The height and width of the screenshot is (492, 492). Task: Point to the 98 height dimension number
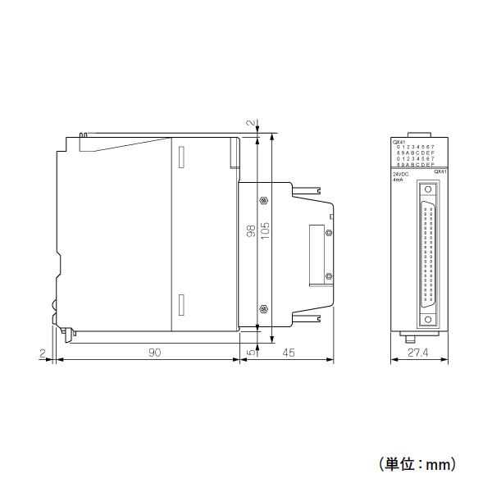(x=250, y=232)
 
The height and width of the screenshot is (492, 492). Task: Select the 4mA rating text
(x=399, y=180)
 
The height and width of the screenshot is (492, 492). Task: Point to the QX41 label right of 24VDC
(x=439, y=171)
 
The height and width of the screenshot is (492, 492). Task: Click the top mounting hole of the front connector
(x=427, y=190)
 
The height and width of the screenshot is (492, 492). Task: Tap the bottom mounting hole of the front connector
(x=427, y=314)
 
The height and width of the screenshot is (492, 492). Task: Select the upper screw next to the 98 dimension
(x=262, y=200)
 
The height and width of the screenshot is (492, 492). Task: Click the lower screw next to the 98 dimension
(x=262, y=307)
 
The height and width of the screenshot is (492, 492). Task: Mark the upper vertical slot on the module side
(x=181, y=157)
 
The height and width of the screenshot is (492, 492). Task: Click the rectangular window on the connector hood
(x=315, y=255)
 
